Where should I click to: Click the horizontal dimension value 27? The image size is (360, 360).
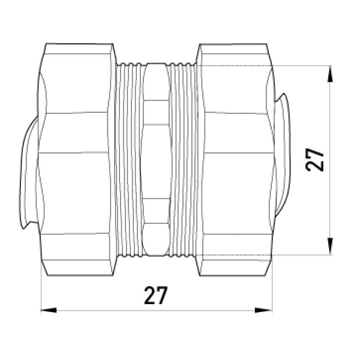coord(155,295)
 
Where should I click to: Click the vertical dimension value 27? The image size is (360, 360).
coord(315,160)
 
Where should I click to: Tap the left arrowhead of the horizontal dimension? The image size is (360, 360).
coord(49,310)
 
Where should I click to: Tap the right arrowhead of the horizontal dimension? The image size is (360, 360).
coord(263,310)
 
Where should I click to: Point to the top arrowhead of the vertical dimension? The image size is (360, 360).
coord(330,74)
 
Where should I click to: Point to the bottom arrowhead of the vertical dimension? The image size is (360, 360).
coord(330,247)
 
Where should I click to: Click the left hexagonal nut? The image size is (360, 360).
coord(76,160)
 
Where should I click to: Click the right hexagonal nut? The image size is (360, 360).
coord(235,160)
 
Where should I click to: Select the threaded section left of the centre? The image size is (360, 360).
coord(130,160)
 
